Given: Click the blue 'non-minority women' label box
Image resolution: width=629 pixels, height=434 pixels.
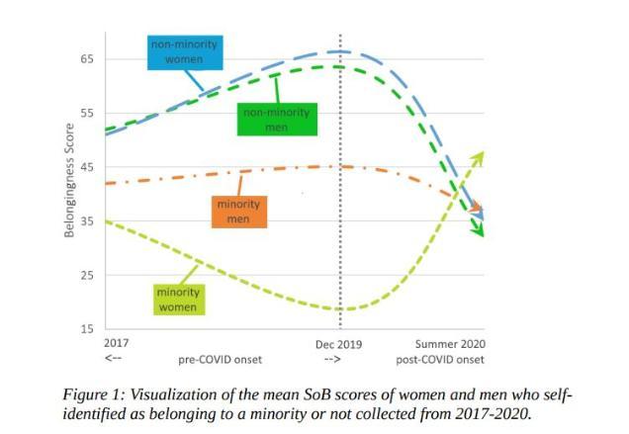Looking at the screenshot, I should [184, 51].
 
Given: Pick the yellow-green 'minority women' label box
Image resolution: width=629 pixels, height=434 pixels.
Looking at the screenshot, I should [178, 299].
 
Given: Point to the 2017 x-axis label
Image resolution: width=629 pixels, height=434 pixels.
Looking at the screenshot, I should [116, 343].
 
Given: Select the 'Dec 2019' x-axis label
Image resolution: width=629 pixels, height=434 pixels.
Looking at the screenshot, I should [338, 343].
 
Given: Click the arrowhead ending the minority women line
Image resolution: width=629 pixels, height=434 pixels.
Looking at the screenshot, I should [480, 156].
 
